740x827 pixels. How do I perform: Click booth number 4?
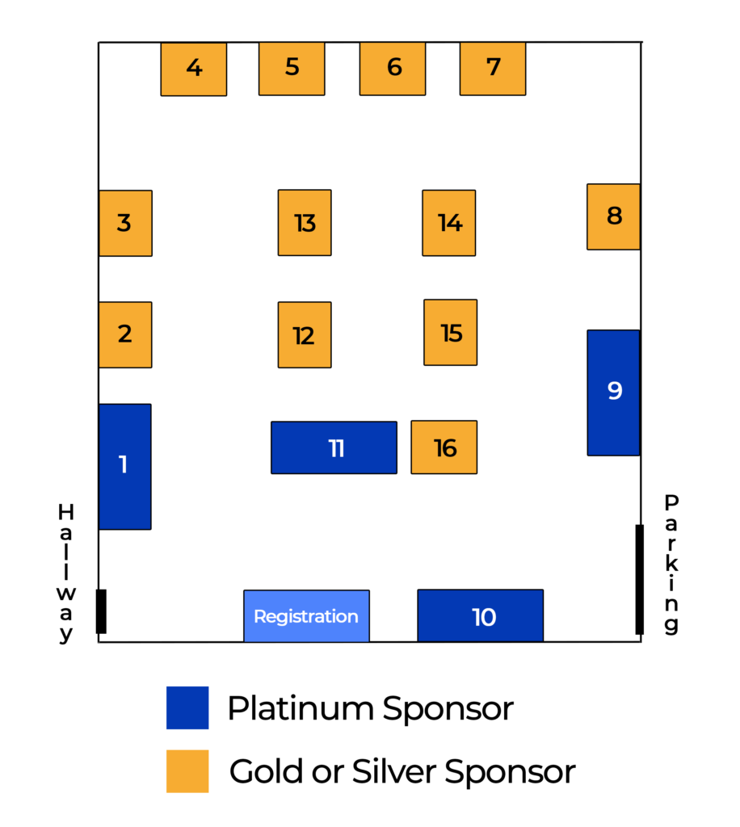click(194, 69)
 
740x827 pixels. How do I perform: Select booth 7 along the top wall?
click(493, 69)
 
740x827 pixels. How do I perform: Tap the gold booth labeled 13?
click(305, 223)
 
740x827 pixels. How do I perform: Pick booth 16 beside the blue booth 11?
click(444, 447)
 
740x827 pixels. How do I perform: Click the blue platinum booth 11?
click(334, 447)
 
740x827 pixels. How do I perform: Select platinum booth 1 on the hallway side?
click(124, 466)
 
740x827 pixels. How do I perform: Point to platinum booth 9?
click(613, 392)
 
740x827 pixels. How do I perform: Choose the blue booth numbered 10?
click(481, 616)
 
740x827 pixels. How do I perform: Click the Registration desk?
click(306, 616)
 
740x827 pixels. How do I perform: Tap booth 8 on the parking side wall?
click(613, 216)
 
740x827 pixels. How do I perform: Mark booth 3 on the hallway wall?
click(125, 223)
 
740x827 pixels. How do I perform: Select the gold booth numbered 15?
click(451, 332)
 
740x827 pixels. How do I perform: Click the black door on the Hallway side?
click(101, 611)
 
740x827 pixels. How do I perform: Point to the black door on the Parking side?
click(639, 579)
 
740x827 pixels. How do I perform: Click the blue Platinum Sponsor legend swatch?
click(187, 707)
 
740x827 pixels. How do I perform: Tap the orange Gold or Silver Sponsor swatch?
click(187, 770)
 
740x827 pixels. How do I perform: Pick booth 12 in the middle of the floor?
click(305, 335)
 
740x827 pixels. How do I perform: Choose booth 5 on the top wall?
click(292, 69)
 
